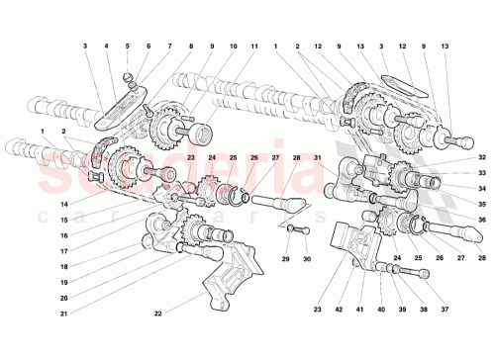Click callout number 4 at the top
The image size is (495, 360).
click(x=106, y=45)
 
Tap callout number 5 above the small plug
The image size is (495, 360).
click(x=127, y=45)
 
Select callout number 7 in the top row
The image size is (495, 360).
click(x=168, y=45)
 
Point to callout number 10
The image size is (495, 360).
click(x=234, y=45)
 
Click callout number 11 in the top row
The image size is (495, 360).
click(x=254, y=45)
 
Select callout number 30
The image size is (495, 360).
click(x=306, y=260)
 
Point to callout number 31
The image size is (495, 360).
click(x=319, y=157)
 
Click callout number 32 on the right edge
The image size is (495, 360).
click(x=482, y=157)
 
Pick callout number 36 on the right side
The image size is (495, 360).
click(x=482, y=220)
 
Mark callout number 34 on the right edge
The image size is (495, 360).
click(x=482, y=188)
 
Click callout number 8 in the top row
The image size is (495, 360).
click(x=189, y=45)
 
